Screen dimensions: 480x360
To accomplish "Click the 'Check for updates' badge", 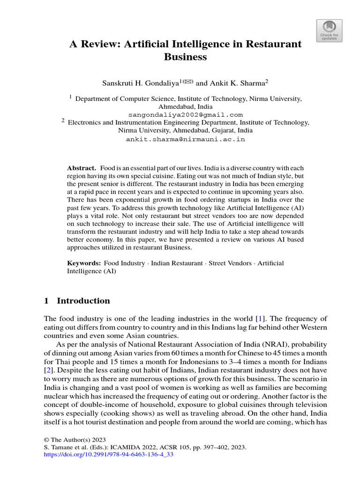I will click(330, 31).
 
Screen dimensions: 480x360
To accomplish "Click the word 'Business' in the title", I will click(185, 57).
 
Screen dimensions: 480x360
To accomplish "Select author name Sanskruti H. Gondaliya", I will click(140, 83).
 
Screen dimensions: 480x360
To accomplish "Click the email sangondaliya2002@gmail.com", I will click(185, 114).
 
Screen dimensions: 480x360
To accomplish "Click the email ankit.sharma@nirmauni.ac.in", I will click(185, 139).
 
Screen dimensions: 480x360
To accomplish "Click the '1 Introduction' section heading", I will click(77, 301).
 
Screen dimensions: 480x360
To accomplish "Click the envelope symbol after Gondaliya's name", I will click(188, 82).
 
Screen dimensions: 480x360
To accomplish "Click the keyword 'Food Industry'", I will click(124, 263).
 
